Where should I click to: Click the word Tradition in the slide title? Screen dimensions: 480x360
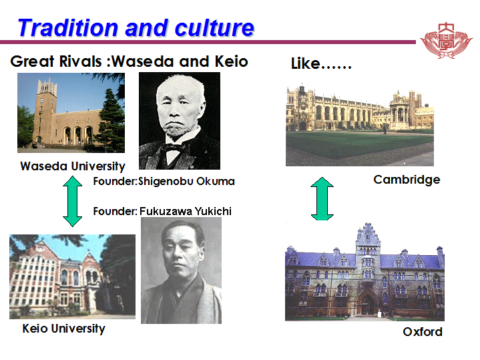(68, 28)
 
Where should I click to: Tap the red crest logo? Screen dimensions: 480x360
(446, 40)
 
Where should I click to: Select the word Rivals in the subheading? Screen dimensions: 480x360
(81, 61)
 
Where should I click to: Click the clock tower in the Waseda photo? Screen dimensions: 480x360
(45, 110)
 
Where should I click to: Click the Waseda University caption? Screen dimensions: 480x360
(73, 166)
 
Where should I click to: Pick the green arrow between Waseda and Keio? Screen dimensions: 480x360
(73, 201)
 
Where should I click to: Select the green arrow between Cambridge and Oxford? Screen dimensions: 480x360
(322, 198)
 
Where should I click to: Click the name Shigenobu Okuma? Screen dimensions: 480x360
(186, 181)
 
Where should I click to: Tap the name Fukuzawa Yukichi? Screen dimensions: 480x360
(186, 211)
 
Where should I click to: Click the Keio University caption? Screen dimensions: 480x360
(63, 329)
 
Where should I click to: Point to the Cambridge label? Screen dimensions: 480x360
(407, 180)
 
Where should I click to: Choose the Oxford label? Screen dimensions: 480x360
(423, 331)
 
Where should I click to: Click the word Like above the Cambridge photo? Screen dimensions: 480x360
(306, 63)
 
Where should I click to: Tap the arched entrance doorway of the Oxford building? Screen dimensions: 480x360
(367, 303)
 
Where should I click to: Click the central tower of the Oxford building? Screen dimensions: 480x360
(368, 263)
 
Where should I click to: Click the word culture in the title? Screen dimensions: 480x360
(214, 28)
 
